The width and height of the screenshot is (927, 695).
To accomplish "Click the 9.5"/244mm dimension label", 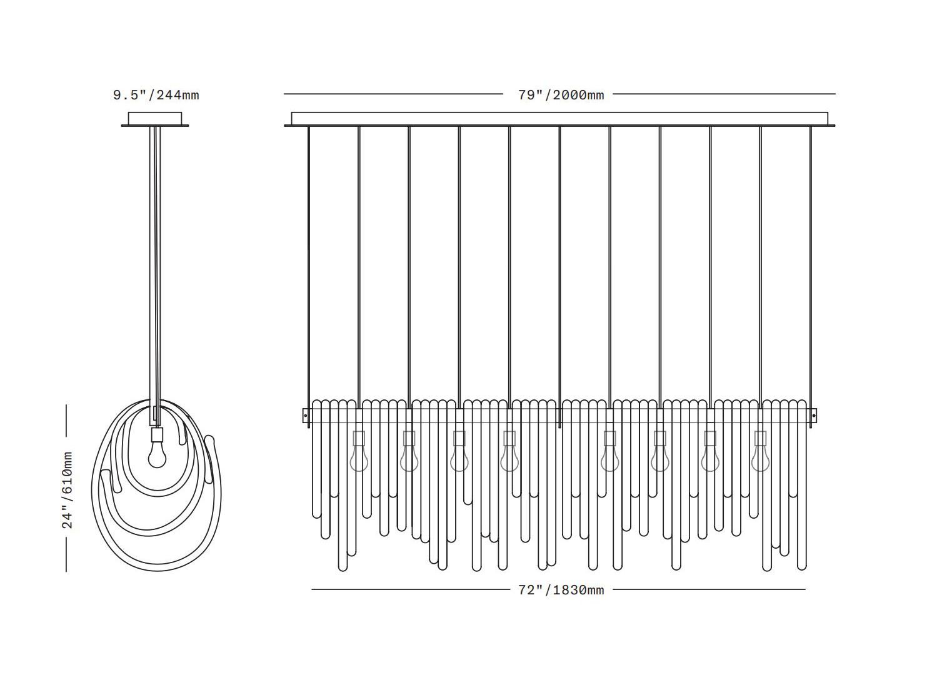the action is (156, 95).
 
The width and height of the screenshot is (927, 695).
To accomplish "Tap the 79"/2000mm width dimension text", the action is (561, 95).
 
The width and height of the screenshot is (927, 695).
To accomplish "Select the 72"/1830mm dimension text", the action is (561, 590).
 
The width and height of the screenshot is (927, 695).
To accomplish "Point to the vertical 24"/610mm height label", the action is (68, 490).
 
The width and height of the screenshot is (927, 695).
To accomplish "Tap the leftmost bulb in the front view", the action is (359, 459).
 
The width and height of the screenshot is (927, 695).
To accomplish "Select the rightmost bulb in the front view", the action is (760, 459).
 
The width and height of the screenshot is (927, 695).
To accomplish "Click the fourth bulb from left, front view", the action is (509, 459).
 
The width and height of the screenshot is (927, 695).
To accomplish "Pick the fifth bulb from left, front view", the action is (609, 459).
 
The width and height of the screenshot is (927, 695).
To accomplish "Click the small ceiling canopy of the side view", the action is (155, 119).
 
